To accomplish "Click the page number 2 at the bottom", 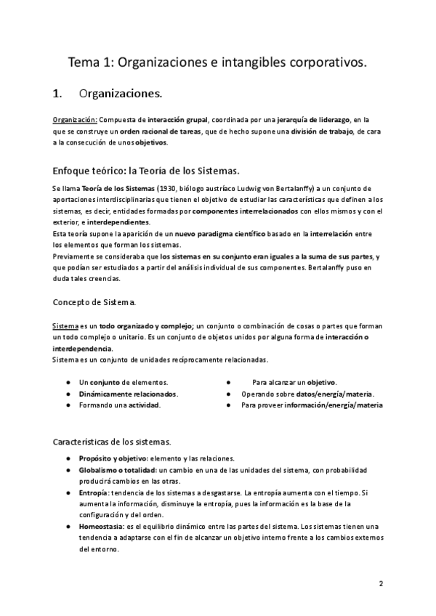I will pyautogui.click(x=381, y=583).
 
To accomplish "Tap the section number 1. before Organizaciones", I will pyautogui.click(x=60, y=94).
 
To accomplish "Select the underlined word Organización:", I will pyautogui.click(x=76, y=118).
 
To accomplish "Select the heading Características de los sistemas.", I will pyautogui.click(x=112, y=442).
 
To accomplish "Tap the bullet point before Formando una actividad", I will pyautogui.click(x=68, y=405).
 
